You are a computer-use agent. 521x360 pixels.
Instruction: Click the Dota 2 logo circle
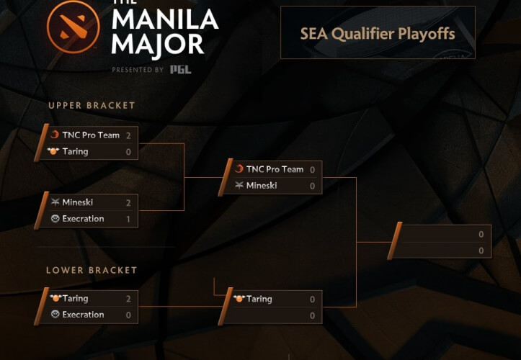[x=74, y=27]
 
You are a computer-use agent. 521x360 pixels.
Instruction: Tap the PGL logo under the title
[x=181, y=69]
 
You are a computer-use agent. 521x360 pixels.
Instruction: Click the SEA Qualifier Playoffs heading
[x=378, y=34]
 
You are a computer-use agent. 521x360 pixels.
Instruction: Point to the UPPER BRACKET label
[x=92, y=106]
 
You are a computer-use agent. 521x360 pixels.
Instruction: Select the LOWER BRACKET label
[x=92, y=270]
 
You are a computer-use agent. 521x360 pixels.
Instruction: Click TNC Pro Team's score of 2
[x=128, y=135]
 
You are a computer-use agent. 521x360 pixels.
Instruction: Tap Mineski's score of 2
[x=128, y=202]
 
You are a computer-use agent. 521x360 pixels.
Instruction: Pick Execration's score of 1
[x=128, y=219]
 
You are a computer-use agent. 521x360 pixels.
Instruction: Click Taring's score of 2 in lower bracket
[x=128, y=299]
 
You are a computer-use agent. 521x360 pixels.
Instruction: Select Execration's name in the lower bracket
[x=83, y=315]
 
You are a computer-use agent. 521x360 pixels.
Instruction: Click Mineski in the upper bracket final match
[x=262, y=185]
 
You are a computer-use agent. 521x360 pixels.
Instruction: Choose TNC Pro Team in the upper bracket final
[x=275, y=169]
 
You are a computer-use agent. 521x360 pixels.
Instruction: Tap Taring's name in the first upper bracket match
[x=75, y=152]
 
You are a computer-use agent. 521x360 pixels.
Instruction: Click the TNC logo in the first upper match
[x=55, y=135]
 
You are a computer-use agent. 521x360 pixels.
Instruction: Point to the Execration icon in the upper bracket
[x=55, y=219]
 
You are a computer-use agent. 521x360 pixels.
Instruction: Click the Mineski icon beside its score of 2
[x=55, y=202]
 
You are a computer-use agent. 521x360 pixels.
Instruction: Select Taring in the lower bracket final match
[x=259, y=300]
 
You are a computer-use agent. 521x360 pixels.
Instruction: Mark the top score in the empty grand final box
[x=481, y=235]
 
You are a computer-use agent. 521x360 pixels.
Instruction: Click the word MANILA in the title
[x=165, y=19]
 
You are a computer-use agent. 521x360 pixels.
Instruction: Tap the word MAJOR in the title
[x=158, y=45]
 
